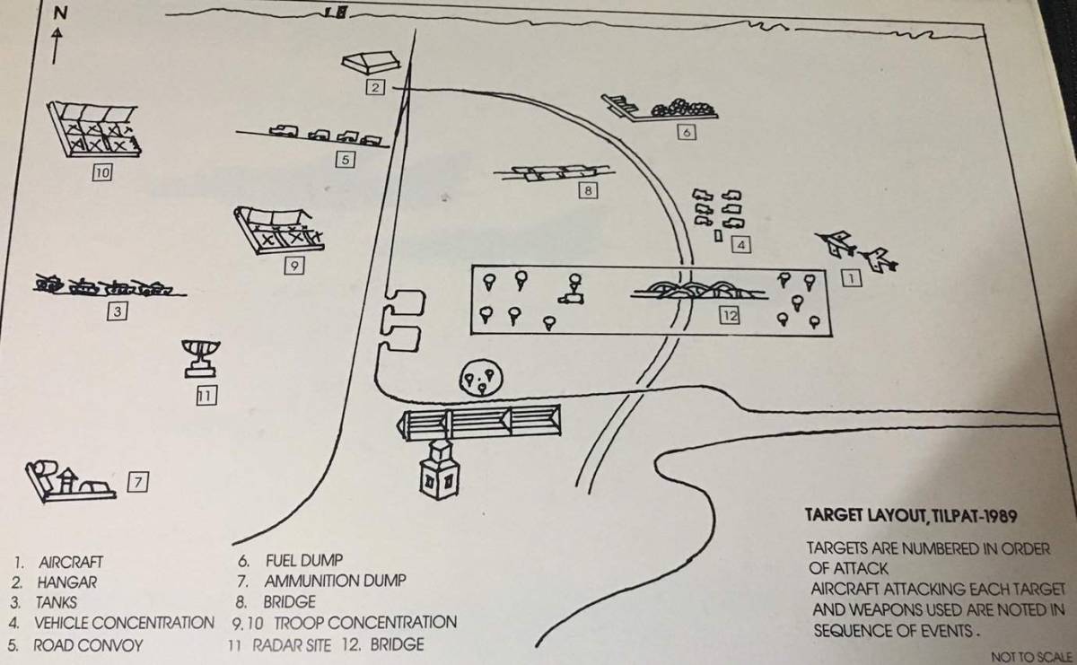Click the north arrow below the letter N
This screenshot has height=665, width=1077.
[57, 46]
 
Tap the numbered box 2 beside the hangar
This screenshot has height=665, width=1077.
[375, 88]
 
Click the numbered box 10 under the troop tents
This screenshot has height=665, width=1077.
[102, 172]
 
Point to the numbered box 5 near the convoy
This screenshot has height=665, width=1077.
[346, 160]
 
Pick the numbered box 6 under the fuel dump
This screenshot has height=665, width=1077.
[686, 132]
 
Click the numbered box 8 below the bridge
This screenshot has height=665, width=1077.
[588, 191]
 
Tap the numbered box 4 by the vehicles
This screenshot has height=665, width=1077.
[741, 245]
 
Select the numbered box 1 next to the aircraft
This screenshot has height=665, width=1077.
[851, 278]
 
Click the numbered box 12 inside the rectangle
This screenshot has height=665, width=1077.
[730, 315]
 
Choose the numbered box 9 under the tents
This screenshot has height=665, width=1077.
[294, 266]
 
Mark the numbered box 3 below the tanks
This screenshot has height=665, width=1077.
[117, 311]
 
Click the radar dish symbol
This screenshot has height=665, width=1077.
[201, 358]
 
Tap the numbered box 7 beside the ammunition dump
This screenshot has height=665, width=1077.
[138, 482]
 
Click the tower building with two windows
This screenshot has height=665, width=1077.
[440, 470]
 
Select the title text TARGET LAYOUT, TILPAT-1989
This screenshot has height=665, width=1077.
[911, 516]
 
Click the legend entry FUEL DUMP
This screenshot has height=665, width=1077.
[304, 561]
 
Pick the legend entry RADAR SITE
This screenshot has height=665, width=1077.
[292, 645]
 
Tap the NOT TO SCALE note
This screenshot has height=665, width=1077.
[1032, 657]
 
